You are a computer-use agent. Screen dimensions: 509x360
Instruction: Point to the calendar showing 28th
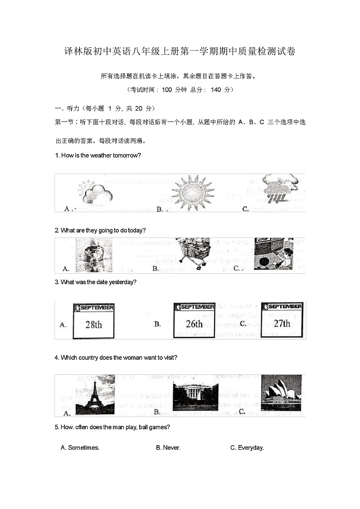93,321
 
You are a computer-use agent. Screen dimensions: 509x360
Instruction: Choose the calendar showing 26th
194,320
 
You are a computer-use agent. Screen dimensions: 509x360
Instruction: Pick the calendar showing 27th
281,320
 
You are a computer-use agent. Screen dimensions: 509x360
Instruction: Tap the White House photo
195,397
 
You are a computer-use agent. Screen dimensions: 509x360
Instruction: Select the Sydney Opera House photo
281,393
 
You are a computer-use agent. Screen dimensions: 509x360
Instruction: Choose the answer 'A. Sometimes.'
80,448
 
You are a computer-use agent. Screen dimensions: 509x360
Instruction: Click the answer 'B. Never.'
168,448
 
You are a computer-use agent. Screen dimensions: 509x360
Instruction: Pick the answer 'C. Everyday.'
247,448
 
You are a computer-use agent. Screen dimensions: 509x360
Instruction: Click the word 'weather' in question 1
100,155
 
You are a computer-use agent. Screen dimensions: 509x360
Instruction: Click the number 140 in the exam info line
216,90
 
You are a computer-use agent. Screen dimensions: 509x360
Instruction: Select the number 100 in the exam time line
167,90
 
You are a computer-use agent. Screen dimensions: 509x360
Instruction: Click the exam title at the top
180,52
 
